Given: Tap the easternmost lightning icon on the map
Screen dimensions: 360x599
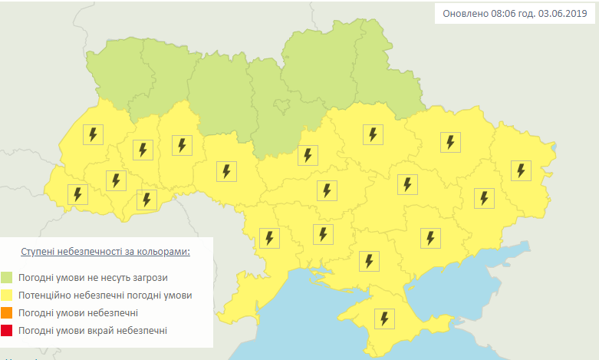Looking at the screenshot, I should click(x=522, y=170).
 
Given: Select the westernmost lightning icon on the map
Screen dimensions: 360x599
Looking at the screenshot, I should click(x=77, y=194).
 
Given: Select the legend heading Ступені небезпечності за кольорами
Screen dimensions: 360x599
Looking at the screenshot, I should click(x=105, y=252).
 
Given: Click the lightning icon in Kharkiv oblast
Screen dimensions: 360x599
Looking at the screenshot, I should click(x=450, y=141).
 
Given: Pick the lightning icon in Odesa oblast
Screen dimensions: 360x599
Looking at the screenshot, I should click(x=268, y=238).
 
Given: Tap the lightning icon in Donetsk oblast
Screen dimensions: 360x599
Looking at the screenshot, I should click(x=483, y=197).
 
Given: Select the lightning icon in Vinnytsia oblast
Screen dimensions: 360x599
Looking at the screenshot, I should click(x=225, y=170).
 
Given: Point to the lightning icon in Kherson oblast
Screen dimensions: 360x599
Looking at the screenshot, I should click(x=369, y=261).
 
